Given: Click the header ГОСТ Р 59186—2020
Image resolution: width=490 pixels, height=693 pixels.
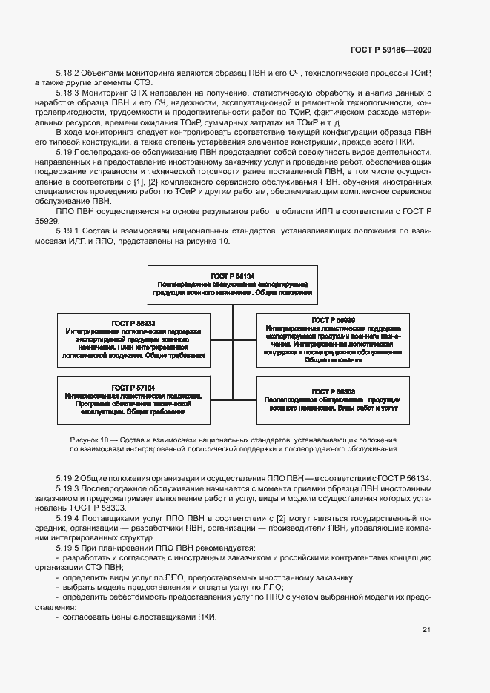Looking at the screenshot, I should point(391,50).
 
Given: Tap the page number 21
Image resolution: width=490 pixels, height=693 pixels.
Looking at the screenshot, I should point(426,630).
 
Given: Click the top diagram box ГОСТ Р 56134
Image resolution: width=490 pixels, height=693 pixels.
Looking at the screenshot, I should point(234,283).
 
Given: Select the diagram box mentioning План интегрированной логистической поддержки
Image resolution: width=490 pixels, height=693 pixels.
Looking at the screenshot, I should point(133,339).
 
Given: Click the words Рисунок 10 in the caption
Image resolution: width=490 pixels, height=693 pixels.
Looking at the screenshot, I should point(89,439).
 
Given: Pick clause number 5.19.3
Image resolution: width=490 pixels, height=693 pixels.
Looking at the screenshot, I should point(68,489).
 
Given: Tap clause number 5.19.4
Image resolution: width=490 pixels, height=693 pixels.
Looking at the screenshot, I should point(68,519).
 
